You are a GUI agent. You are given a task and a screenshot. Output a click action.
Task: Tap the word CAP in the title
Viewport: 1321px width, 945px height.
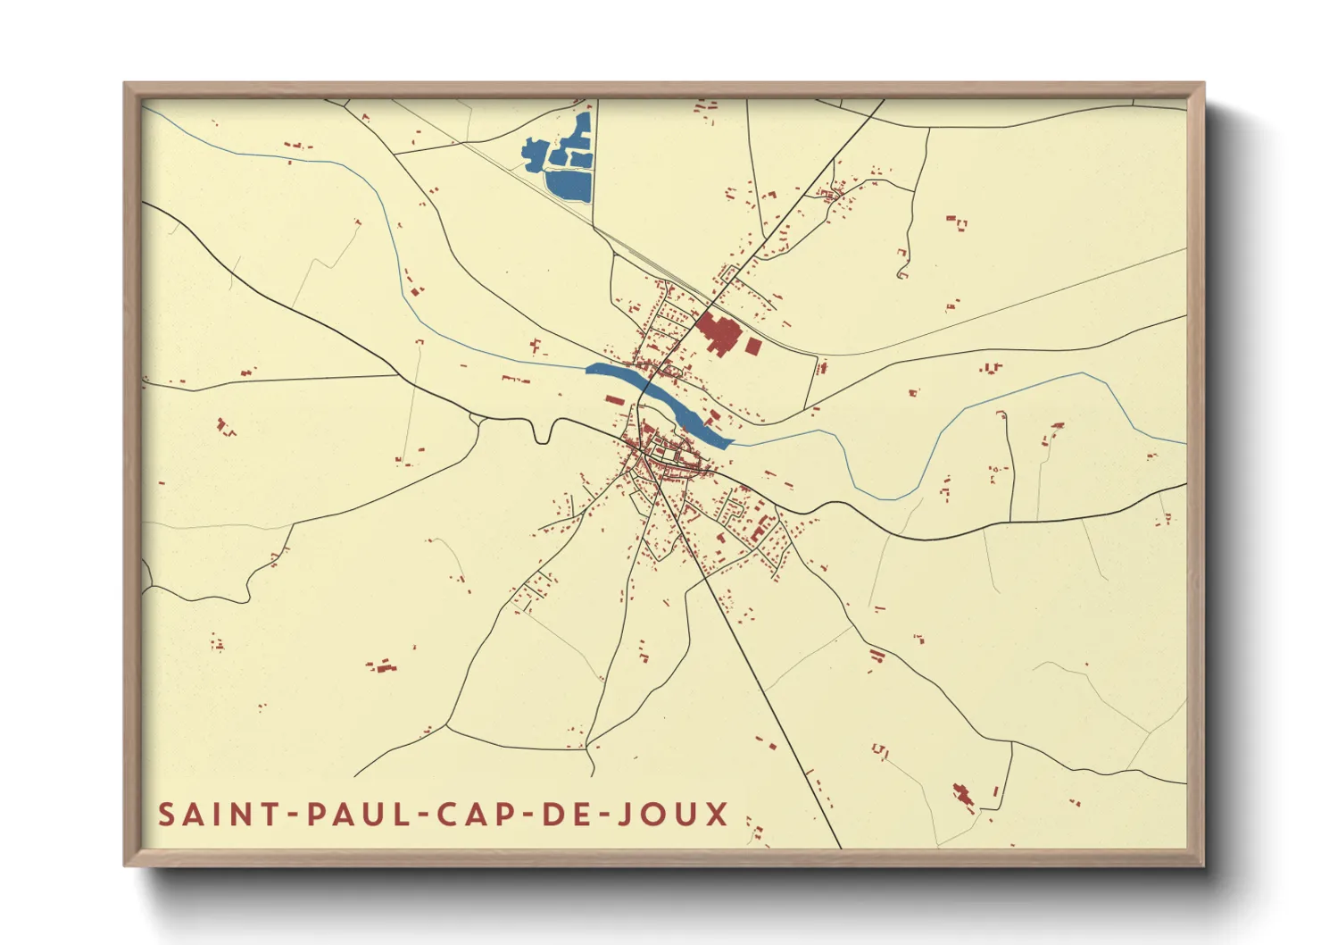point(473,815)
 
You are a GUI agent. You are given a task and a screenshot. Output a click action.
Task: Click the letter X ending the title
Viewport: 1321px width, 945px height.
point(718,815)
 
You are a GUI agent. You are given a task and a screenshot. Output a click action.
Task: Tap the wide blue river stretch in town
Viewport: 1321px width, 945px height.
point(660,402)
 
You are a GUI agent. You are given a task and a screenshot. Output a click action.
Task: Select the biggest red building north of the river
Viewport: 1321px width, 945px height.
point(719,333)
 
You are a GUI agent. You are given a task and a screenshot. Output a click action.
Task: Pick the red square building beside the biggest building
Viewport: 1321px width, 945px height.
point(753,346)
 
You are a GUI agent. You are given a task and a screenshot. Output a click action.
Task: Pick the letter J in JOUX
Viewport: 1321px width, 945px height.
point(627,815)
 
